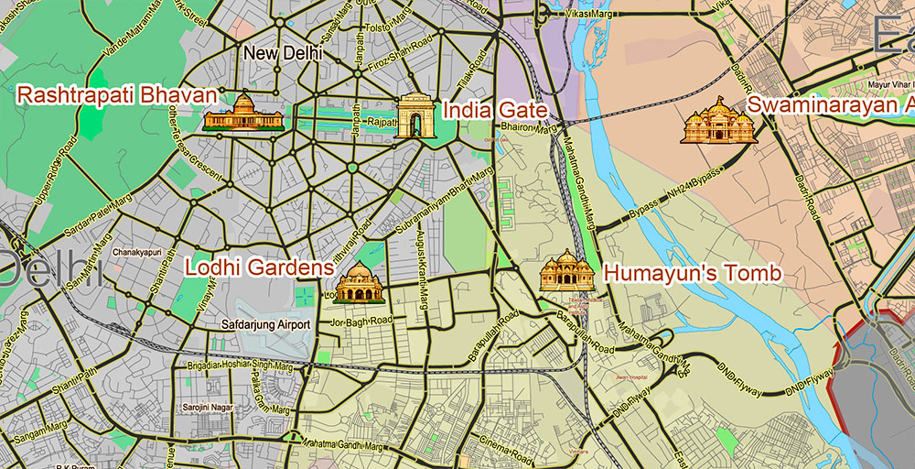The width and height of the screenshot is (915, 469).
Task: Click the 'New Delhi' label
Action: click(x=283, y=54)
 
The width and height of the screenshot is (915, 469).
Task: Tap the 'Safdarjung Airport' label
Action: click(x=265, y=324)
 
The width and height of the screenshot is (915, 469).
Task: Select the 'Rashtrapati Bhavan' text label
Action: click(x=116, y=95)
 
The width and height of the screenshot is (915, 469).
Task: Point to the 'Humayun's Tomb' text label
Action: click(x=693, y=273)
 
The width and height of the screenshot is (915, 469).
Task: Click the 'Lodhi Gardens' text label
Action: click(x=257, y=267)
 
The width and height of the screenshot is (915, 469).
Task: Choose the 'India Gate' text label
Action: click(x=494, y=111)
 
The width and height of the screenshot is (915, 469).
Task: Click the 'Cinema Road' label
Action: click(x=508, y=449)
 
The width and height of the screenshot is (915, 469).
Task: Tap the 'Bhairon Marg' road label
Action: click(x=528, y=129)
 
